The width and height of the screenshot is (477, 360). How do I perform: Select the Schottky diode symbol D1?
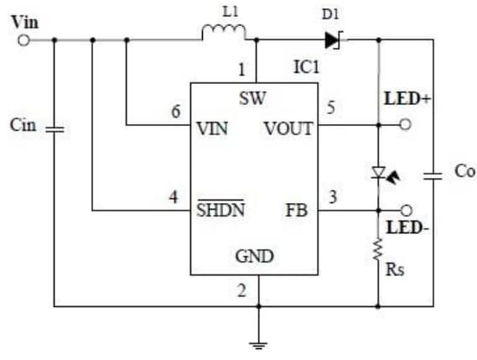332,39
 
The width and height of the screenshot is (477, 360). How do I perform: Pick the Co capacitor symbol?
433,175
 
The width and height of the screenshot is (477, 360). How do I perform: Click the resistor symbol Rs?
378,249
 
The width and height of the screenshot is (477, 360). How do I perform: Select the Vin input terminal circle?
24,39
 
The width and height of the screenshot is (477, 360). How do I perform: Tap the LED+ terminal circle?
406,124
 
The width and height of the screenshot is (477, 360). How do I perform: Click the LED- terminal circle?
406,210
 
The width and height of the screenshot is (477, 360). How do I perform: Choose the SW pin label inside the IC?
251,98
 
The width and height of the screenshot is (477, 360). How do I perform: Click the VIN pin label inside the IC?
213,129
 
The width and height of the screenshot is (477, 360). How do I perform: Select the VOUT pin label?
288,129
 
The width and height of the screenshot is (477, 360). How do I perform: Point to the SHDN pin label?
220,210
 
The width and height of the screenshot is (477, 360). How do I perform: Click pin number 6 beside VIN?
175,112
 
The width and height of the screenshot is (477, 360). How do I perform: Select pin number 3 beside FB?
331,197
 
